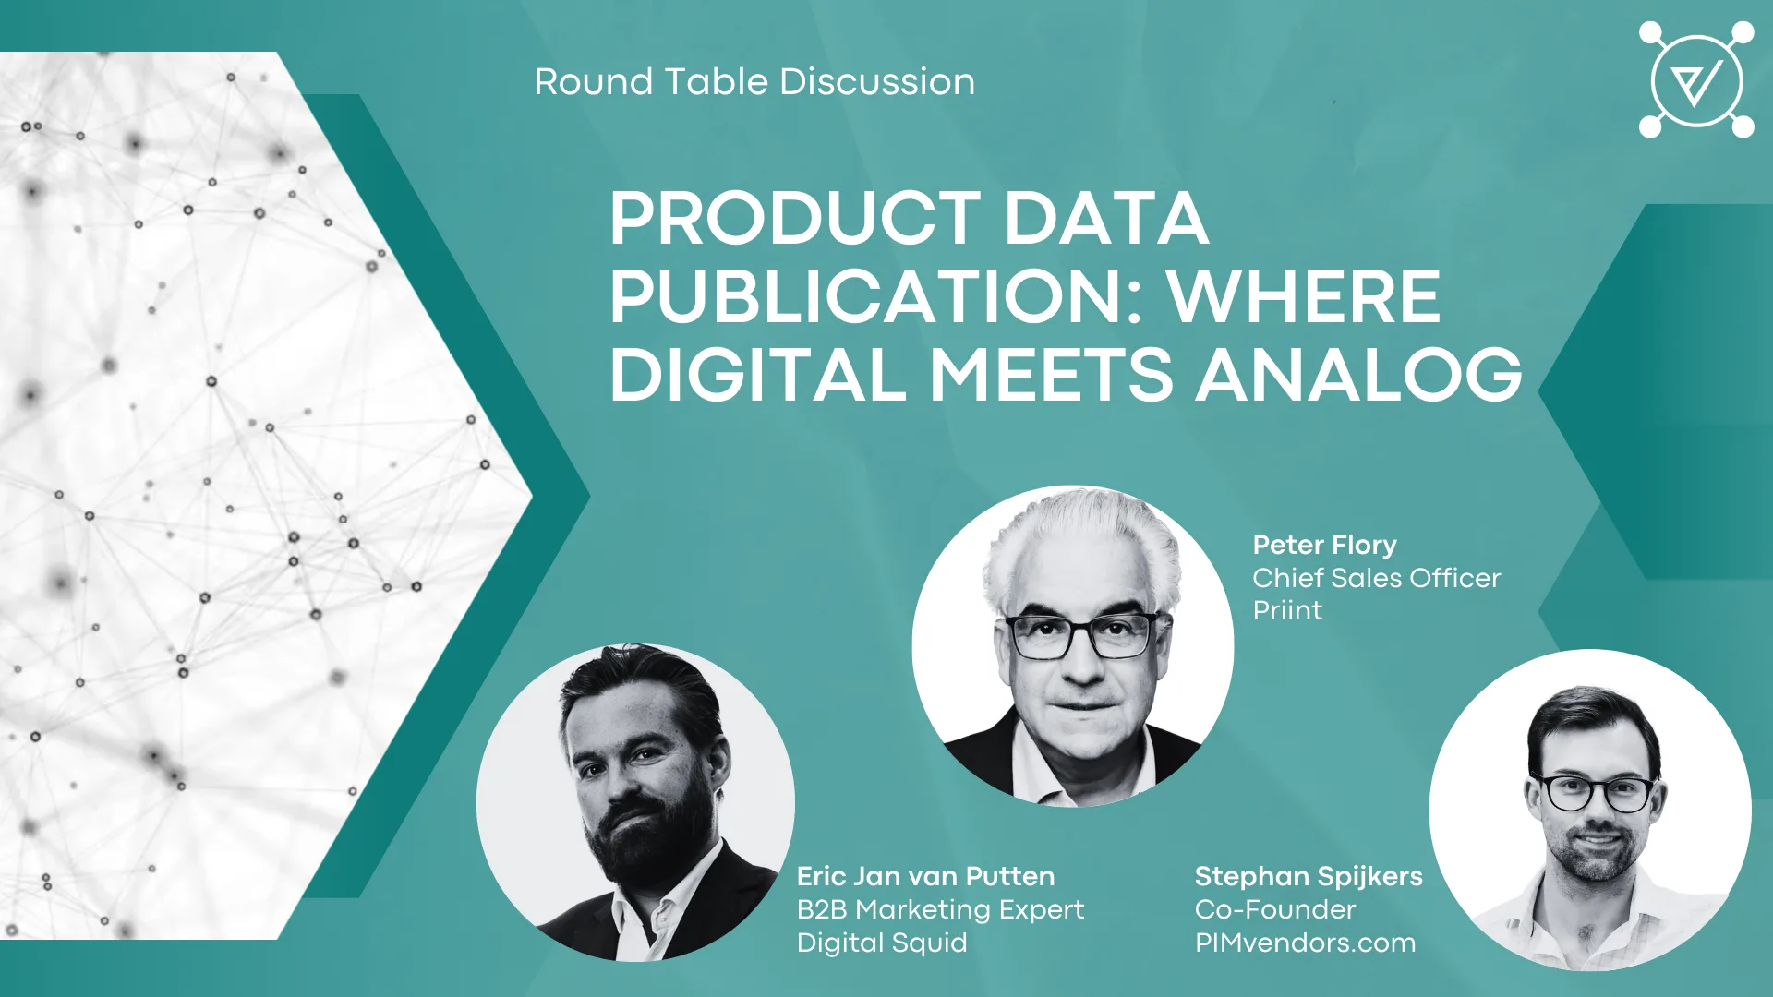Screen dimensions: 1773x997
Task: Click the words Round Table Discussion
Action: [754, 82]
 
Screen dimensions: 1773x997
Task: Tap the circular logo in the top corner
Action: [1696, 80]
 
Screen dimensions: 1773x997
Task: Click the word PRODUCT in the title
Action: [795, 219]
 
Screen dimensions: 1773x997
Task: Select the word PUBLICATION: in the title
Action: [876, 297]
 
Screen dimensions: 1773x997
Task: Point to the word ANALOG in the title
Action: [1359, 375]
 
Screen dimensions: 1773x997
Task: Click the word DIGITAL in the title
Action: [758, 375]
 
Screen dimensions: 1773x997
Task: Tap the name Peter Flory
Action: [1324, 545]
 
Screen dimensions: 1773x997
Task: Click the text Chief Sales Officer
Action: [1376, 578]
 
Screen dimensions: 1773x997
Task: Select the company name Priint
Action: [1287, 610]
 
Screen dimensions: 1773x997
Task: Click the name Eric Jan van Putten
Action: [925, 876]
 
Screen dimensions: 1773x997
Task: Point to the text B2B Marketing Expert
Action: [940, 909]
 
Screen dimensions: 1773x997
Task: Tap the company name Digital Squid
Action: [882, 943]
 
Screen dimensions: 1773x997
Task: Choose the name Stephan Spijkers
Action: [1309, 876]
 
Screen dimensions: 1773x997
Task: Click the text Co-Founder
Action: [1275, 909]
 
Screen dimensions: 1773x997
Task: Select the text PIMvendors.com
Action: [1305, 943]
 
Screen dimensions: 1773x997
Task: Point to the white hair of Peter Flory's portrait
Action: [1080, 545]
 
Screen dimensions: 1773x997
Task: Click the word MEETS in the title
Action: [1051, 375]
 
